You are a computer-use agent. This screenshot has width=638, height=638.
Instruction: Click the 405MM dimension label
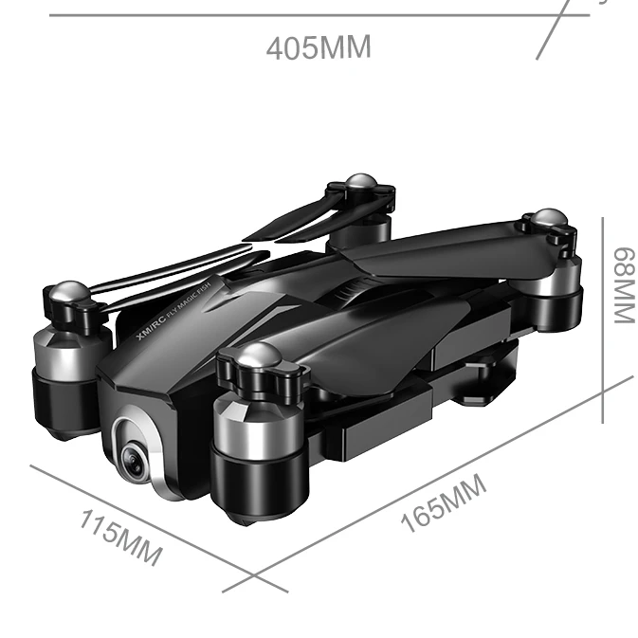(x=319, y=47)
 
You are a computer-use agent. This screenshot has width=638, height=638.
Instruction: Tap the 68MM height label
(x=625, y=285)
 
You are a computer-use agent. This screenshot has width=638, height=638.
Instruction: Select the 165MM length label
(x=444, y=503)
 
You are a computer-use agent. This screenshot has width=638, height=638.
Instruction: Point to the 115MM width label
(x=120, y=538)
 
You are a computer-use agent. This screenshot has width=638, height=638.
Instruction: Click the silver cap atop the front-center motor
(x=258, y=354)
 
